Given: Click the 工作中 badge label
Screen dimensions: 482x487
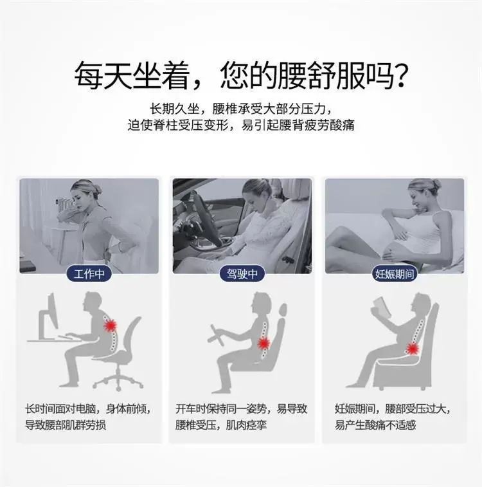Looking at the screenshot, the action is [x=89, y=273].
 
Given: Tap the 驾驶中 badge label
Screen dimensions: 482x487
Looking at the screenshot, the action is [x=242, y=273].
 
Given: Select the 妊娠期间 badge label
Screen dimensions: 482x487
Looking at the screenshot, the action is [x=395, y=273].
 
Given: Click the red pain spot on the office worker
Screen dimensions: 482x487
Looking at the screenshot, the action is [x=111, y=326].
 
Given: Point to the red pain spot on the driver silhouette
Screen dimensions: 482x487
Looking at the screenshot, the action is [x=264, y=344].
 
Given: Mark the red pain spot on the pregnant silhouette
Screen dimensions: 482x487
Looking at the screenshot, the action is [x=412, y=349].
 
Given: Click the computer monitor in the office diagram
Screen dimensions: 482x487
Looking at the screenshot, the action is [x=49, y=317].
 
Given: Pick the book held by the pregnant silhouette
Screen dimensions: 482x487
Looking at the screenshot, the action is [x=381, y=308].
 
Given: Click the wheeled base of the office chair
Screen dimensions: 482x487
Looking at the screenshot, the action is [x=118, y=380].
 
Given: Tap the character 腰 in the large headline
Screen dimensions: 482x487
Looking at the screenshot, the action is [x=292, y=75].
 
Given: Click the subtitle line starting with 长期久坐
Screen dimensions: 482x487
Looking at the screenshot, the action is [x=241, y=109].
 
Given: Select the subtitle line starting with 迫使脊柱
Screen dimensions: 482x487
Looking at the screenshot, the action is [x=241, y=125].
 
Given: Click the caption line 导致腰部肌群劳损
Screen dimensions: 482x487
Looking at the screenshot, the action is [x=66, y=425].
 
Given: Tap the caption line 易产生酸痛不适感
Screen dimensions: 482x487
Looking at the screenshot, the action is [x=375, y=425].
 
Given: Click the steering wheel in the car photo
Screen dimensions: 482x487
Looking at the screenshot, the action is [x=203, y=217].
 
